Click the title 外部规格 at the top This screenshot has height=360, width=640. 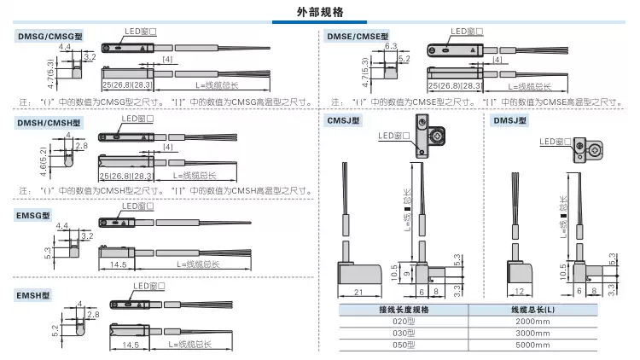click(320, 12)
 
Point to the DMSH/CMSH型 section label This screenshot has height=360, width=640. click(50, 123)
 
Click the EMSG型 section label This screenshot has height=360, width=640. click(35, 212)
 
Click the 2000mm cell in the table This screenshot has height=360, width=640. click(532, 321)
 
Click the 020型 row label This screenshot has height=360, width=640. click(402, 321)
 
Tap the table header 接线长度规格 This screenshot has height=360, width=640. click(402, 309)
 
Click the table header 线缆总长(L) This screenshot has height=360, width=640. click(532, 309)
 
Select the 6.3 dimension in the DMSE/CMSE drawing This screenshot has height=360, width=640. click(392, 45)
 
